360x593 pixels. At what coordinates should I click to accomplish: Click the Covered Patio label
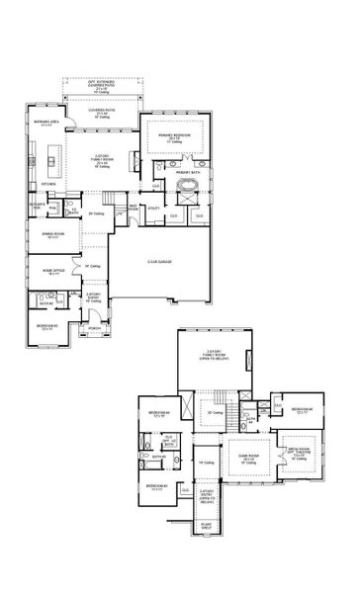[106, 114]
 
